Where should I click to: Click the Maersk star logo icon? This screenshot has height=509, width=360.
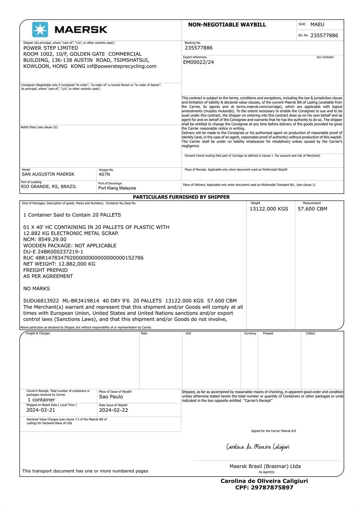[40, 30]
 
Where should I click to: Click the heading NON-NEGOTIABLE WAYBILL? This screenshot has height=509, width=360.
[227, 25]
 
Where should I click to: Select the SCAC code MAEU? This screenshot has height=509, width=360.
[317, 24]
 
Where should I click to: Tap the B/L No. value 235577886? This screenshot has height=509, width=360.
[324, 35]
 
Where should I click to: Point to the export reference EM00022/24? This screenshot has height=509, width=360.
[198, 62]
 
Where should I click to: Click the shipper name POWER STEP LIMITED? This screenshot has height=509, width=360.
[51, 48]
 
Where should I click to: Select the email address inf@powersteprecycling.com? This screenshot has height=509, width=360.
[122, 66]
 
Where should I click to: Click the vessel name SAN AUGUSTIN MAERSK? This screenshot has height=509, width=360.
[48, 174]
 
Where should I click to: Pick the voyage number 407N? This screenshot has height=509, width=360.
[104, 174]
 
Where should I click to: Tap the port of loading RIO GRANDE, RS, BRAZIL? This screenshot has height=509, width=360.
[49, 186]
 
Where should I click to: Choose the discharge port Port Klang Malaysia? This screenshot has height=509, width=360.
[117, 188]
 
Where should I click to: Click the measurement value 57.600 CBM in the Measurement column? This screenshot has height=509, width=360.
[312, 209]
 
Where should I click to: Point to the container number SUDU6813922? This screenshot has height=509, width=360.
[41, 301]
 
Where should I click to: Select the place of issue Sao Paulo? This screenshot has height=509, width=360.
[111, 397]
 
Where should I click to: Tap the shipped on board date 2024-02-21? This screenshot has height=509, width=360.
[41, 410]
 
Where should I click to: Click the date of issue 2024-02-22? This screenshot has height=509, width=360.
[113, 410]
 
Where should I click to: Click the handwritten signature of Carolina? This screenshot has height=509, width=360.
[258, 447]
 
